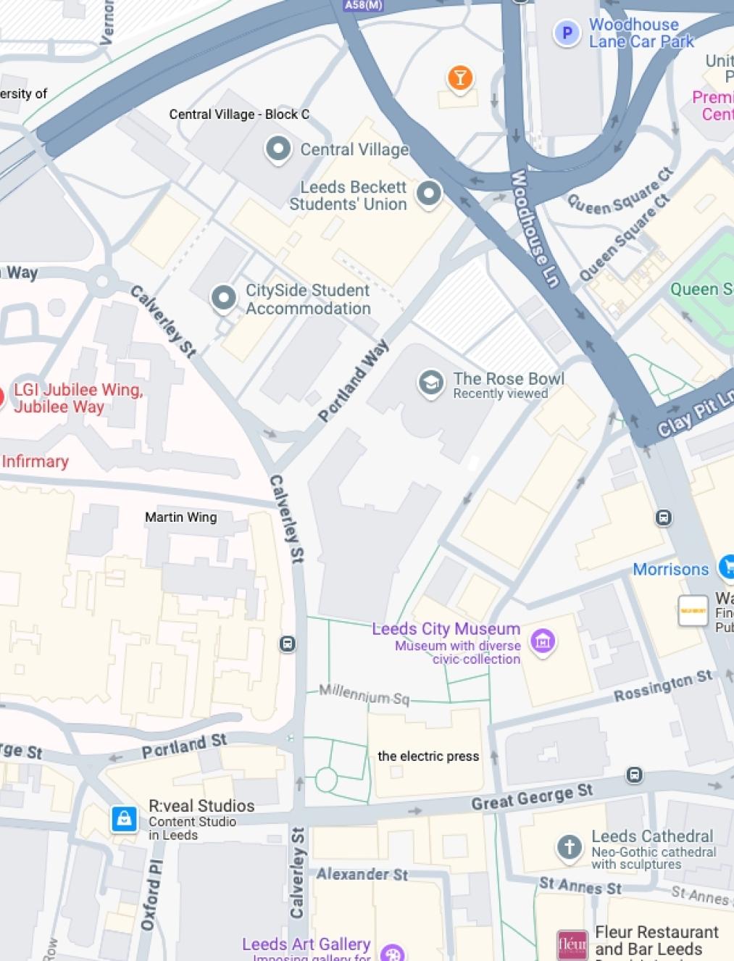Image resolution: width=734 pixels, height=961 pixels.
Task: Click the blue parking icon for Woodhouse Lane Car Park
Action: click(x=567, y=33)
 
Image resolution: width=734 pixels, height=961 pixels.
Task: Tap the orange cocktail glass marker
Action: click(x=459, y=77)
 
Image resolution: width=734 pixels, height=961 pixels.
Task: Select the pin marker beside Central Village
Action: click(x=278, y=149)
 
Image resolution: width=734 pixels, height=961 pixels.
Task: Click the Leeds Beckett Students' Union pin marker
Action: click(x=429, y=193)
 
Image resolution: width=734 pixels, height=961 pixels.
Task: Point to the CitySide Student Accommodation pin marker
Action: click(x=223, y=297)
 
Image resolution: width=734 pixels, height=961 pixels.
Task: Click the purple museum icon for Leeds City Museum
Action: click(x=543, y=641)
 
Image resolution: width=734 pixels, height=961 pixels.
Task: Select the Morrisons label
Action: click(x=670, y=569)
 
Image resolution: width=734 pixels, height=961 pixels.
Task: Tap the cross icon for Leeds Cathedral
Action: click(x=570, y=846)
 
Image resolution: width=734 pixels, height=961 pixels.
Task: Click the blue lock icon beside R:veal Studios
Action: click(x=124, y=819)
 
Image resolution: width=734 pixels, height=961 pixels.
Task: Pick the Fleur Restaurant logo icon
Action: click(x=572, y=944)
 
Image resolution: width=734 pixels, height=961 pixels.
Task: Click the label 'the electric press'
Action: click(x=428, y=756)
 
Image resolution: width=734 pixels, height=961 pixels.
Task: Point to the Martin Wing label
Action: click(x=180, y=517)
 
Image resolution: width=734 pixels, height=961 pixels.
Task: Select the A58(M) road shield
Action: click(x=364, y=5)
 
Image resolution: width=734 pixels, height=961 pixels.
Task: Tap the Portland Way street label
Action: click(x=353, y=381)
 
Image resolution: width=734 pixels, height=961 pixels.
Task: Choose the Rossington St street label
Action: click(x=663, y=686)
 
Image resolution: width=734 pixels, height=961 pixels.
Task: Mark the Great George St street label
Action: click(x=532, y=796)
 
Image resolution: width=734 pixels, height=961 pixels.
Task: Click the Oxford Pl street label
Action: click(x=151, y=894)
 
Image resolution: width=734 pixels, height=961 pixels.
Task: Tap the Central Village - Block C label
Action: click(x=239, y=114)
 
